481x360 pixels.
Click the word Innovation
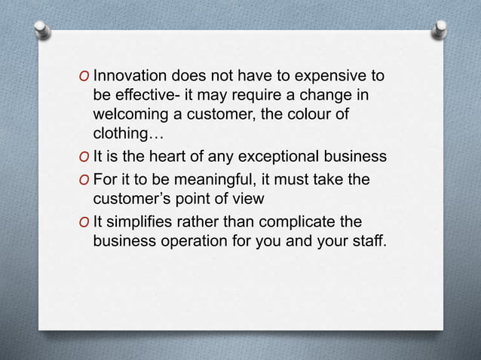point(131,77)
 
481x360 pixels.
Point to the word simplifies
point(138,222)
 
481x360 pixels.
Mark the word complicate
point(283,222)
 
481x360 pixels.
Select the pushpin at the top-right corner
point(439,29)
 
